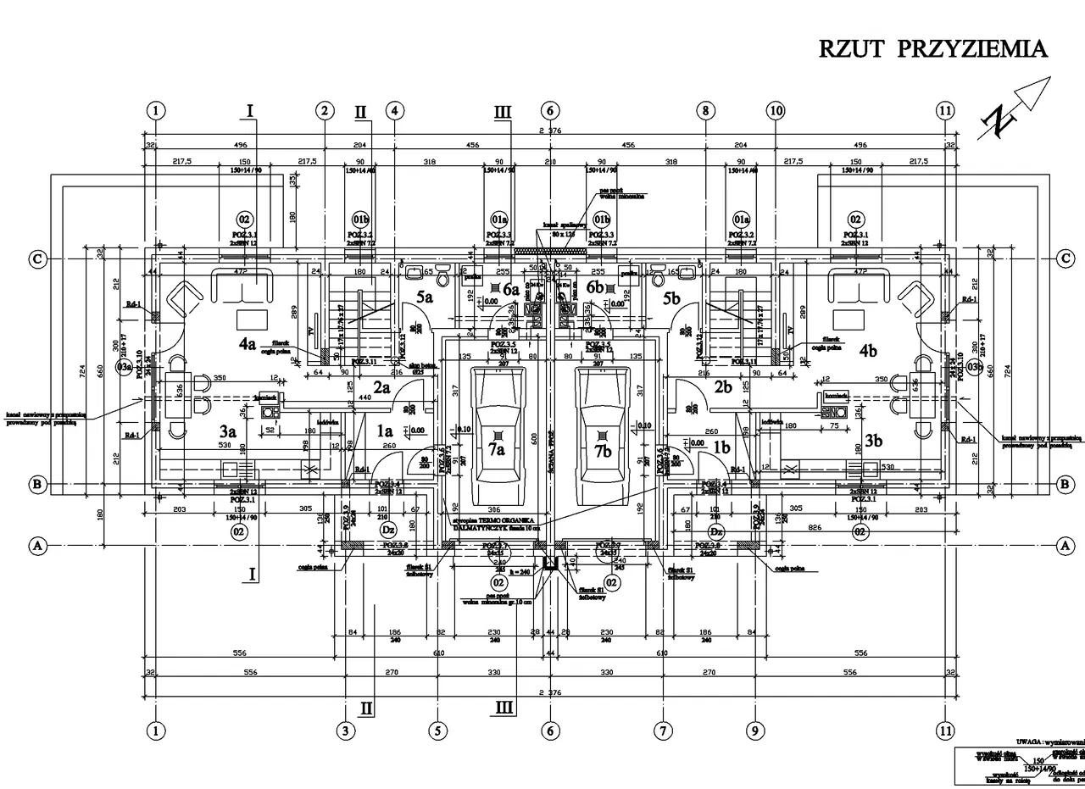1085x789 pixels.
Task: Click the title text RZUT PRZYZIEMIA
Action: point(932,48)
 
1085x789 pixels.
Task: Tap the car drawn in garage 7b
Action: point(603,435)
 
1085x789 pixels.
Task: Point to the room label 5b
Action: point(672,298)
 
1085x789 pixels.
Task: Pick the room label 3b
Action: point(873,441)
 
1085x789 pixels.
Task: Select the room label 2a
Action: point(382,388)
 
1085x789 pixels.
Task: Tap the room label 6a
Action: point(510,289)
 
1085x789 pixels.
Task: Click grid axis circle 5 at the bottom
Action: point(437,731)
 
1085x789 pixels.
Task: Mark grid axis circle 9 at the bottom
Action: point(754,731)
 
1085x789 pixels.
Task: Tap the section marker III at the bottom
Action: point(504,706)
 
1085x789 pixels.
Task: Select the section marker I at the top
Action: point(250,109)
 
